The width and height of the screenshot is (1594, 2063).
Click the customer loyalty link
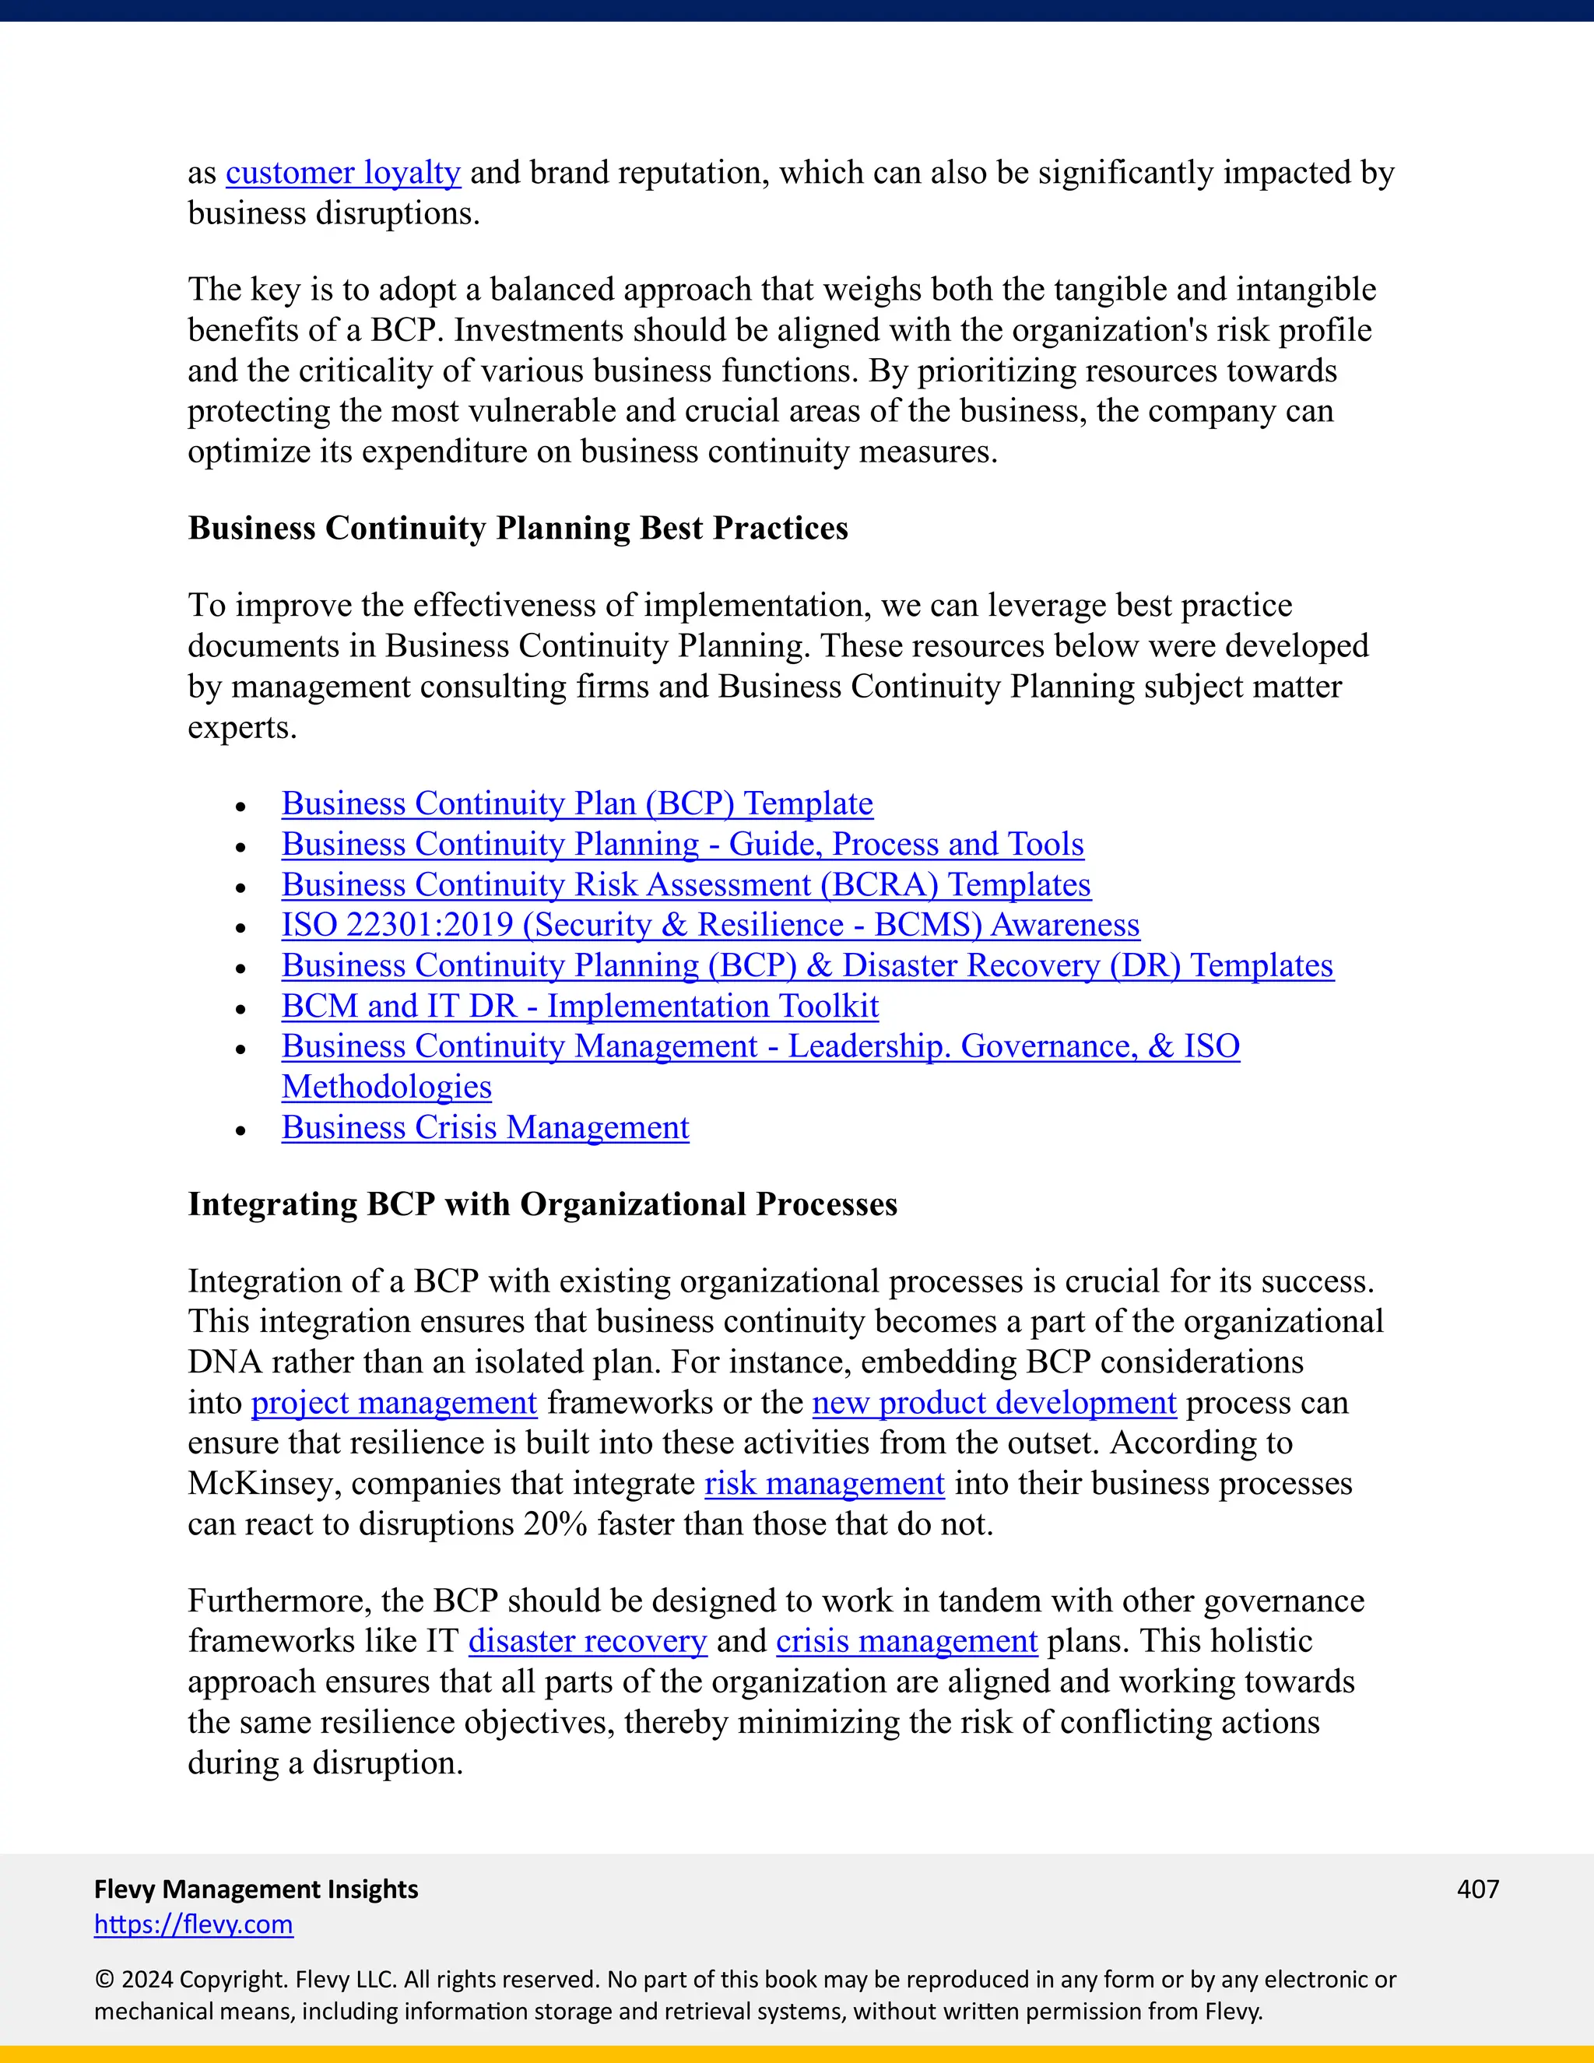click(342, 173)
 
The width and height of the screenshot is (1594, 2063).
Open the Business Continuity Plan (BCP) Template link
click(577, 804)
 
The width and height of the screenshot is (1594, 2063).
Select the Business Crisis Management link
click(486, 1128)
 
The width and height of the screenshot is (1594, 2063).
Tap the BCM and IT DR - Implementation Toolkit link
click(580, 1006)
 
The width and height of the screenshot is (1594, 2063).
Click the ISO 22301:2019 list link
click(710, 925)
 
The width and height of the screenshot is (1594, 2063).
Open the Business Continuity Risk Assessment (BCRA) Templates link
click(686, 885)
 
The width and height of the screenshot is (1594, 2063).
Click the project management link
click(394, 1403)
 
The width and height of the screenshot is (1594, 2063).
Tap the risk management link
click(824, 1484)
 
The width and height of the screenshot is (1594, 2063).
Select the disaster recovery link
click(588, 1641)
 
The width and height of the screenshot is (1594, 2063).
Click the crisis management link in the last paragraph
click(907, 1641)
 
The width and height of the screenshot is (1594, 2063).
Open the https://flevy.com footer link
click(194, 1924)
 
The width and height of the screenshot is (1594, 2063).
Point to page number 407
click(1478, 1889)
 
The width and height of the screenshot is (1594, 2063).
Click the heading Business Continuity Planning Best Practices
click(518, 528)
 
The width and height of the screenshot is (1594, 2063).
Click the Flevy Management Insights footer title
click(256, 1889)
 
